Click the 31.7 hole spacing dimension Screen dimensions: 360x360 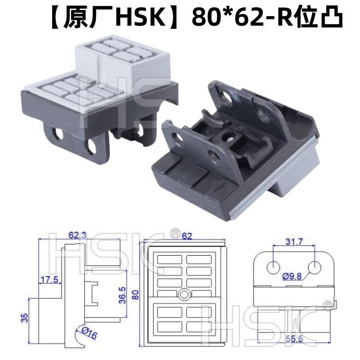coord(294,242)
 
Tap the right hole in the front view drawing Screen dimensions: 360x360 coord(314,266)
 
